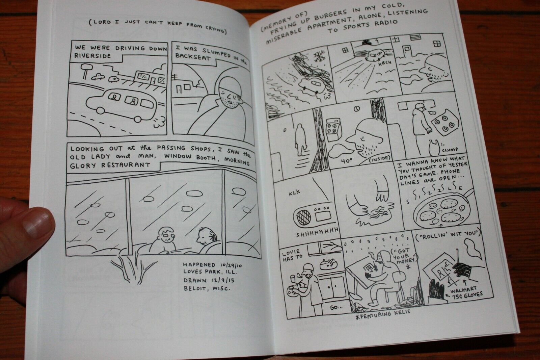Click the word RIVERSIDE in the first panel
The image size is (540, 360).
92,56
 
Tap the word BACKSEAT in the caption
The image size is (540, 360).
193,57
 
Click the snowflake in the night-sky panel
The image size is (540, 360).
320,57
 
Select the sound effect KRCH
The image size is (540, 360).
385,63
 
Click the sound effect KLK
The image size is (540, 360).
295,192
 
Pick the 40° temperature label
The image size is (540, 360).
346,161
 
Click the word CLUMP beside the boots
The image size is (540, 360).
450,150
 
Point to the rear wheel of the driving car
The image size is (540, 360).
138,119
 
